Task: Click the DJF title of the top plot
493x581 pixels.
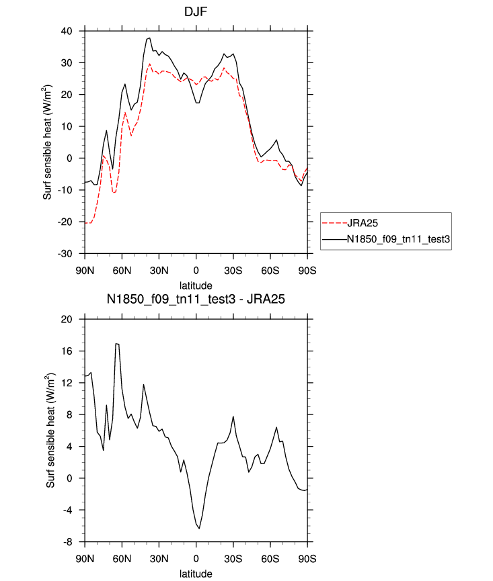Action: point(196,12)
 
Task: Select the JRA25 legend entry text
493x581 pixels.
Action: point(362,223)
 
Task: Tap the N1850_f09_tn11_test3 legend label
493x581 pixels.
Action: point(398,239)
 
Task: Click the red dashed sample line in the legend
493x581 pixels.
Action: point(334,223)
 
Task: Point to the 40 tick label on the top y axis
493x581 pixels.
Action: point(67,31)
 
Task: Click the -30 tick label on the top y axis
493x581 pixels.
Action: point(65,254)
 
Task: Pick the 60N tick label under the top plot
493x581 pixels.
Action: point(122,271)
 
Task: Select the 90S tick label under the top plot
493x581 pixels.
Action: point(307,271)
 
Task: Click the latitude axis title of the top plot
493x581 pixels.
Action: point(196,285)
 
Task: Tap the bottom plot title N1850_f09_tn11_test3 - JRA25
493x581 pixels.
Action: point(196,299)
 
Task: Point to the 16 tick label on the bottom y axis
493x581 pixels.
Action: point(67,351)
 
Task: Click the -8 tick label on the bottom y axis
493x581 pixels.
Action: point(67,542)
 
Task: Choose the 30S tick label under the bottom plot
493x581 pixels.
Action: point(233,559)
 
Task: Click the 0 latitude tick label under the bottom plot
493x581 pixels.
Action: point(196,559)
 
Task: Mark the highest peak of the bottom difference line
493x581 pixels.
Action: point(116,343)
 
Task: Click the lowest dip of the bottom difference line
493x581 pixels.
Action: point(199,529)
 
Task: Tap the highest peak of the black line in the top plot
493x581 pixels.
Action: point(149,38)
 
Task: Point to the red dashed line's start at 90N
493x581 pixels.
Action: point(85,223)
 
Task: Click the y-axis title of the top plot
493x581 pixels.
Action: point(48,142)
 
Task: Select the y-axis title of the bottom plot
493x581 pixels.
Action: point(50,430)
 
